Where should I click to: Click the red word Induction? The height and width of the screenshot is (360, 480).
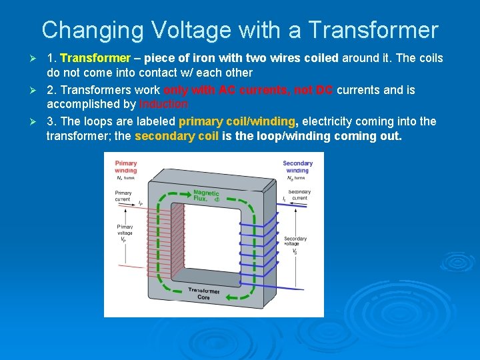[x=164, y=104]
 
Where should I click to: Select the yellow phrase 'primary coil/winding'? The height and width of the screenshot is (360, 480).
[x=237, y=121]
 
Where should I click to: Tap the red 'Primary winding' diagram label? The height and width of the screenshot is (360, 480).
[x=126, y=167]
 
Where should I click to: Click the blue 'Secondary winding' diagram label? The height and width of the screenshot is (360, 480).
[x=297, y=167]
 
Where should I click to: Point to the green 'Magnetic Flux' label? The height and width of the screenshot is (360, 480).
[x=206, y=195]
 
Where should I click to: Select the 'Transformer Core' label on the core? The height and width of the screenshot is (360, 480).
[x=203, y=294]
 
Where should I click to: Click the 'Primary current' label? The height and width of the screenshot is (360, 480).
[x=123, y=196]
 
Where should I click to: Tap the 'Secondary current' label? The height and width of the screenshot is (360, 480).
[x=299, y=195]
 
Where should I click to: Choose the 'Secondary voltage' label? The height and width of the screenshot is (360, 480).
[x=295, y=241]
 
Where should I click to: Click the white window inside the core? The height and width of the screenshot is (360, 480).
[x=207, y=240]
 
